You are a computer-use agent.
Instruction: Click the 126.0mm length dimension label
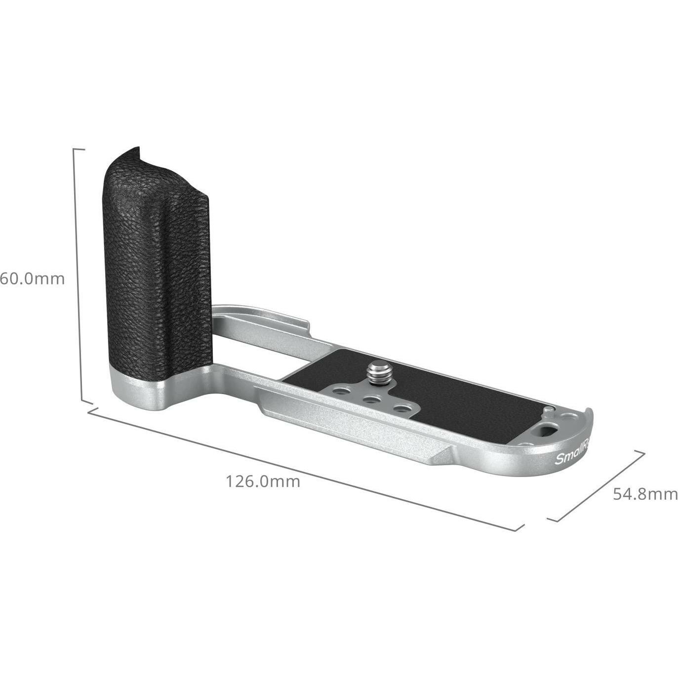263,481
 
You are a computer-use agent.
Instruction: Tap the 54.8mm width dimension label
645,493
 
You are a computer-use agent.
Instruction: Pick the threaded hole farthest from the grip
405,409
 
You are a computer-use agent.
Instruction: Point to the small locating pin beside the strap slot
548,410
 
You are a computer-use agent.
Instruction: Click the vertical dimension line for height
78,277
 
